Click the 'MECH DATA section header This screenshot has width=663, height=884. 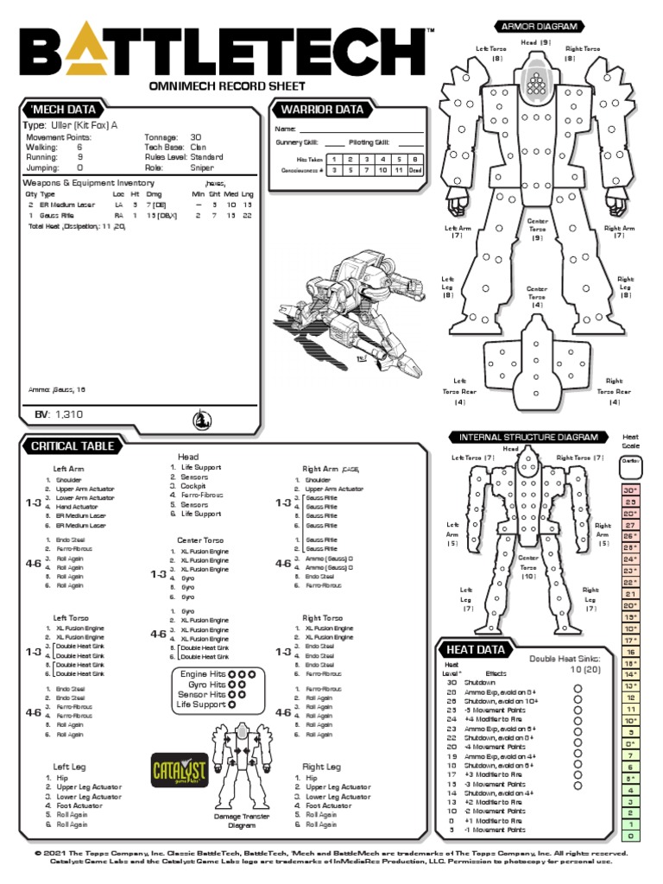[63, 110]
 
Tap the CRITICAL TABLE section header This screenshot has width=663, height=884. [72, 445]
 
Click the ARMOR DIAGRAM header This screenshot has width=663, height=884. [536, 26]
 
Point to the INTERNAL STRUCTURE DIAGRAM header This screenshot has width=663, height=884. [529, 436]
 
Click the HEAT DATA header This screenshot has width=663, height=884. [470, 649]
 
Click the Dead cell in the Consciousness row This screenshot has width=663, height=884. [415, 171]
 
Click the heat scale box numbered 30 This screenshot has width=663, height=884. [630, 490]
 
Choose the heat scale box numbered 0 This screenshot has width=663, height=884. [630, 836]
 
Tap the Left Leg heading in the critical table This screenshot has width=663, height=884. [71, 766]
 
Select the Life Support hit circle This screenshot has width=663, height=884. [232, 704]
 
